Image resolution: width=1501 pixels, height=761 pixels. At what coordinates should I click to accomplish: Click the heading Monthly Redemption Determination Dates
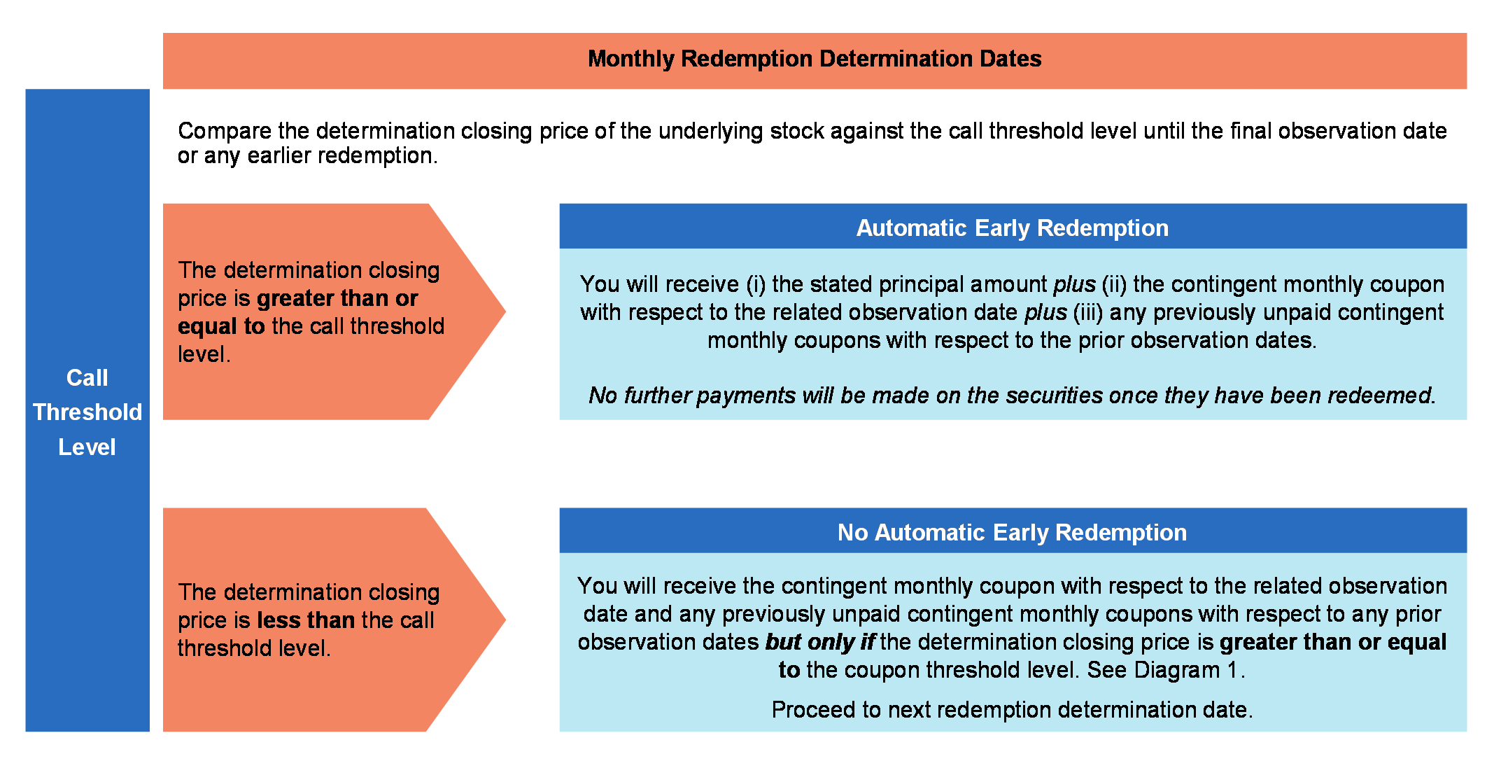pyautogui.click(x=815, y=59)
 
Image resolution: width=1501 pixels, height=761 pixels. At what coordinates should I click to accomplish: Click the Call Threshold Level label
pyautogui.click(x=87, y=412)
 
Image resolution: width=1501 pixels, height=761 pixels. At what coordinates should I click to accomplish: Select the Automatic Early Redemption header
pyautogui.click(x=1013, y=228)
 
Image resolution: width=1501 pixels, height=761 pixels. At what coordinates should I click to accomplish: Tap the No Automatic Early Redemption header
pyautogui.click(x=1013, y=533)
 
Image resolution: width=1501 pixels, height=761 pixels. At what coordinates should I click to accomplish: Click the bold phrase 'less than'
pyautogui.click(x=306, y=620)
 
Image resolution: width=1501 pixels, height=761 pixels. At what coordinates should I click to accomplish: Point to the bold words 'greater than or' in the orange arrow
pyautogui.click(x=337, y=299)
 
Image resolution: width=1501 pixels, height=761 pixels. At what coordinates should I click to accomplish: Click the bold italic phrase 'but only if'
pyautogui.click(x=820, y=642)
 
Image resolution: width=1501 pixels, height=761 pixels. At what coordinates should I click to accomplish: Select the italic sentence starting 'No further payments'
pyautogui.click(x=1012, y=396)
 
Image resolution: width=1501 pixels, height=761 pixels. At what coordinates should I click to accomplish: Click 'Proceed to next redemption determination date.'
pyautogui.click(x=1012, y=710)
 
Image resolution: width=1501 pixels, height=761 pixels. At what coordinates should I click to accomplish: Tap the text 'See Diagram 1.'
pyautogui.click(x=1166, y=670)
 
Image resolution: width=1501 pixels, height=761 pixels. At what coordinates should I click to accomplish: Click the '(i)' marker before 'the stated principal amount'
pyautogui.click(x=756, y=284)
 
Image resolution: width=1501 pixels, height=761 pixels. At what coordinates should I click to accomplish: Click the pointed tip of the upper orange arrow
pyautogui.click(x=505, y=312)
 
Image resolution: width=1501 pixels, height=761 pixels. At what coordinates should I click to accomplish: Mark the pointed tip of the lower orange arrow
pyautogui.click(x=505, y=619)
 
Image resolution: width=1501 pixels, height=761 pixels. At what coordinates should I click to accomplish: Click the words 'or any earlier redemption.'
pyautogui.click(x=308, y=155)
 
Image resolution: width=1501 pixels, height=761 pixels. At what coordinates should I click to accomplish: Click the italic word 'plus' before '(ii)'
pyautogui.click(x=1075, y=284)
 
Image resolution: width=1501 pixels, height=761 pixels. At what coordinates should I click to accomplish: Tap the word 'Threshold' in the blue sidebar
pyautogui.click(x=87, y=412)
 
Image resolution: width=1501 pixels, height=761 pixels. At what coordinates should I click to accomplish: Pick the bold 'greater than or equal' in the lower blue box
pyautogui.click(x=1333, y=642)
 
